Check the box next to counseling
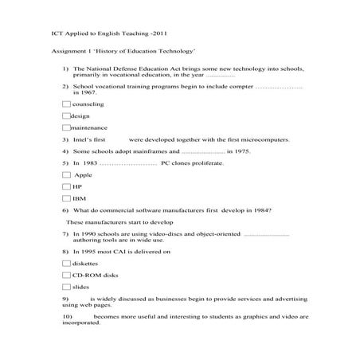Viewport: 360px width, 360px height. (x=66, y=104)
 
